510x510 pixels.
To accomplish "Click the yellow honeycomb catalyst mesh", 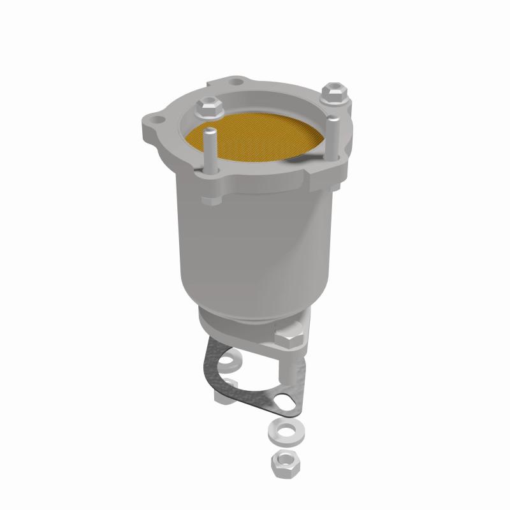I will tap(255, 142).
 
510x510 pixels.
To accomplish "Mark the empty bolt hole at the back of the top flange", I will tap(237, 82).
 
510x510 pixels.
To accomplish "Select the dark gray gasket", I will tap(210, 370).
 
